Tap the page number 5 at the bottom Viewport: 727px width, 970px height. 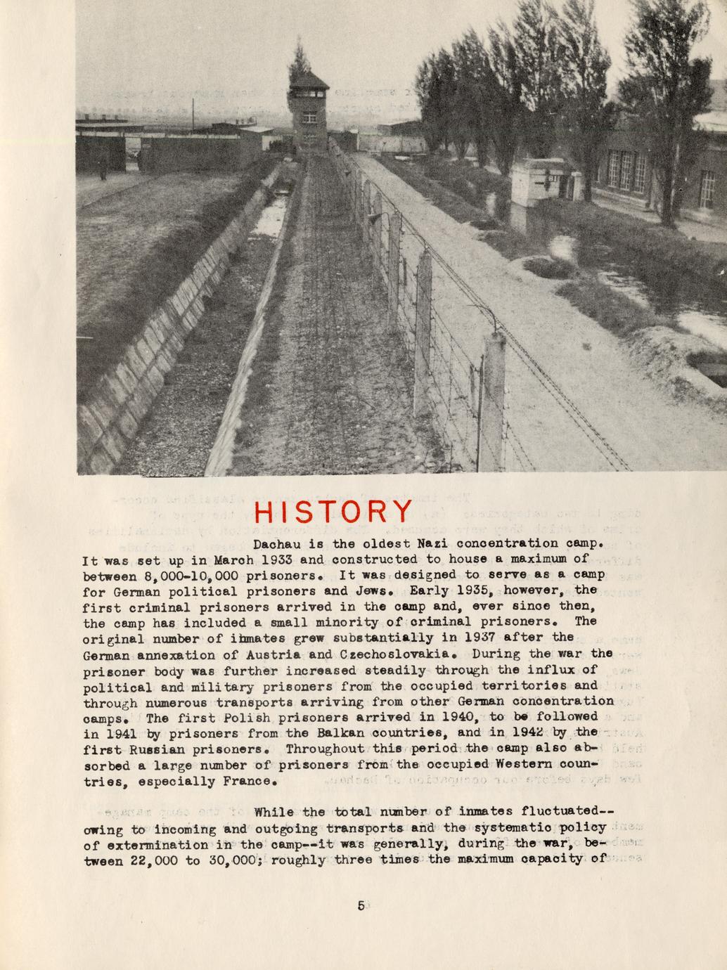click(x=361, y=905)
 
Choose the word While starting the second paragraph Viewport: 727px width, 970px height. click(x=276, y=813)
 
